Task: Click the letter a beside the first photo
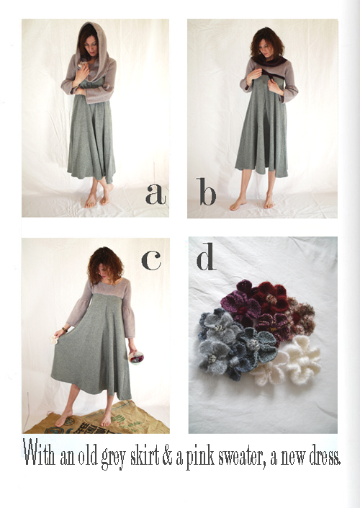coord(156,194)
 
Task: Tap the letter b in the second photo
coord(206,192)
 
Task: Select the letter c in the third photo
coord(151,260)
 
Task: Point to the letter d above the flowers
coord(206,257)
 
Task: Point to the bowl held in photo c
coord(136,357)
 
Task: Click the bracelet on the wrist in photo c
coord(65,330)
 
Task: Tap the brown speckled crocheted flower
coord(301,316)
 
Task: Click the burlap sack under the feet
coord(97,419)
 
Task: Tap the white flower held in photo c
coord(54,339)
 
